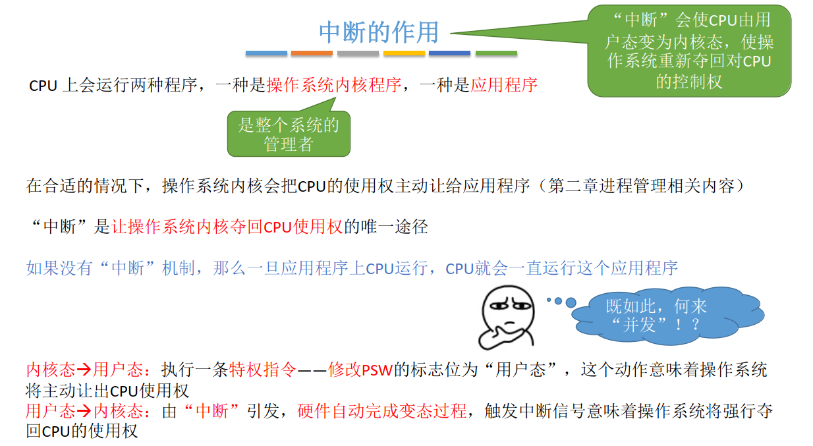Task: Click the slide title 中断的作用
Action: [x=378, y=31]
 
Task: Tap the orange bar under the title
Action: [x=312, y=53]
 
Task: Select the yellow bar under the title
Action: [x=404, y=53]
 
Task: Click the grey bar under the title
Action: [x=358, y=53]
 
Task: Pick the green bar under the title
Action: [x=496, y=53]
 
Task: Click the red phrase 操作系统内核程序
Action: [x=333, y=85]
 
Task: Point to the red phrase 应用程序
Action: [x=504, y=85]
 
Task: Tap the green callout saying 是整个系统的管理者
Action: [x=289, y=134]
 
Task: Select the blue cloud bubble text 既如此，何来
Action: [x=656, y=306]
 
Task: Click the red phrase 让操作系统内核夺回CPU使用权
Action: [x=227, y=227]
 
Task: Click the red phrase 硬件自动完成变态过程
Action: [x=382, y=412]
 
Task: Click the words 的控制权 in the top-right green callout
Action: [x=689, y=82]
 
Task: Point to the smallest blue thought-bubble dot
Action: [x=548, y=300]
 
